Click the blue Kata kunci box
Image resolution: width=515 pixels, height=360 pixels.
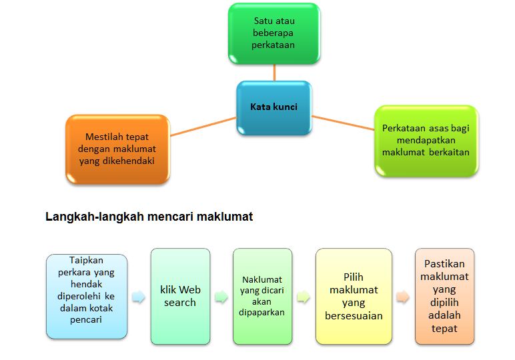tap(274, 107)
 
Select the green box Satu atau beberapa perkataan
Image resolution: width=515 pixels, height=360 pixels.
tap(274, 33)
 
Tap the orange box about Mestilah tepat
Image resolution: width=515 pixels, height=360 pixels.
tap(117, 149)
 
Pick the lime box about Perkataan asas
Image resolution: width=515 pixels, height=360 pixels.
tap(426, 140)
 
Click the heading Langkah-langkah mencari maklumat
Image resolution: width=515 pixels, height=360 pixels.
tap(149, 217)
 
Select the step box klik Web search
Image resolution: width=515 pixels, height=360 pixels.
tap(180, 296)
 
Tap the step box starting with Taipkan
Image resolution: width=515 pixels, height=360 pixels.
tap(86, 296)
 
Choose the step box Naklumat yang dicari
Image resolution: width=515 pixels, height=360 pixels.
tap(262, 296)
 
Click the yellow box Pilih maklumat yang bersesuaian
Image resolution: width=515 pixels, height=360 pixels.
tap(354, 296)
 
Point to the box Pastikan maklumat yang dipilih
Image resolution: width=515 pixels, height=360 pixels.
tap(444, 296)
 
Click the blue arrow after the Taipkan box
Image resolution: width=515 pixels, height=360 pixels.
tap(139, 297)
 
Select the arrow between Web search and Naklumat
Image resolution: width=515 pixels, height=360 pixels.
tap(221, 297)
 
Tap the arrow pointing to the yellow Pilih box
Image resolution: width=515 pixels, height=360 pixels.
tap(304, 297)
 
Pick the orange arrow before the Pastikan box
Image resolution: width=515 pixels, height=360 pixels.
tap(402, 297)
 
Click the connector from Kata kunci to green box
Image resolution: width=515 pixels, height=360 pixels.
tap(274, 73)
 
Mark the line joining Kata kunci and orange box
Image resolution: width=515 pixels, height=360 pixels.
tap(203, 127)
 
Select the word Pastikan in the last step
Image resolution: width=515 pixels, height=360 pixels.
tap(444, 263)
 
